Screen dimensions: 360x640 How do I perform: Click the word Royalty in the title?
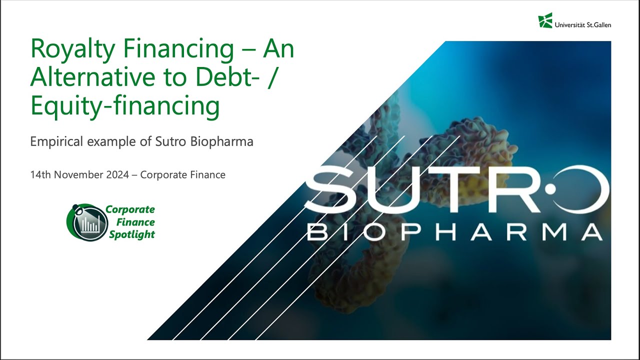[68, 49]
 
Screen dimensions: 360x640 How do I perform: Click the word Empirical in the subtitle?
[56, 141]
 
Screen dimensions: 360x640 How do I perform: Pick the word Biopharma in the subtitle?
[222, 141]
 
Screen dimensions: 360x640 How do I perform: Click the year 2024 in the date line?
[120, 175]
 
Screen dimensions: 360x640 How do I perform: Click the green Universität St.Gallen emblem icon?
[545, 20]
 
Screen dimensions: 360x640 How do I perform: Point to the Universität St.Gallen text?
[583, 24]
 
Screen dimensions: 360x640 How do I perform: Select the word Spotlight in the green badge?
[132, 234]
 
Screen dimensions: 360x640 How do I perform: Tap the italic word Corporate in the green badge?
[130, 209]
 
